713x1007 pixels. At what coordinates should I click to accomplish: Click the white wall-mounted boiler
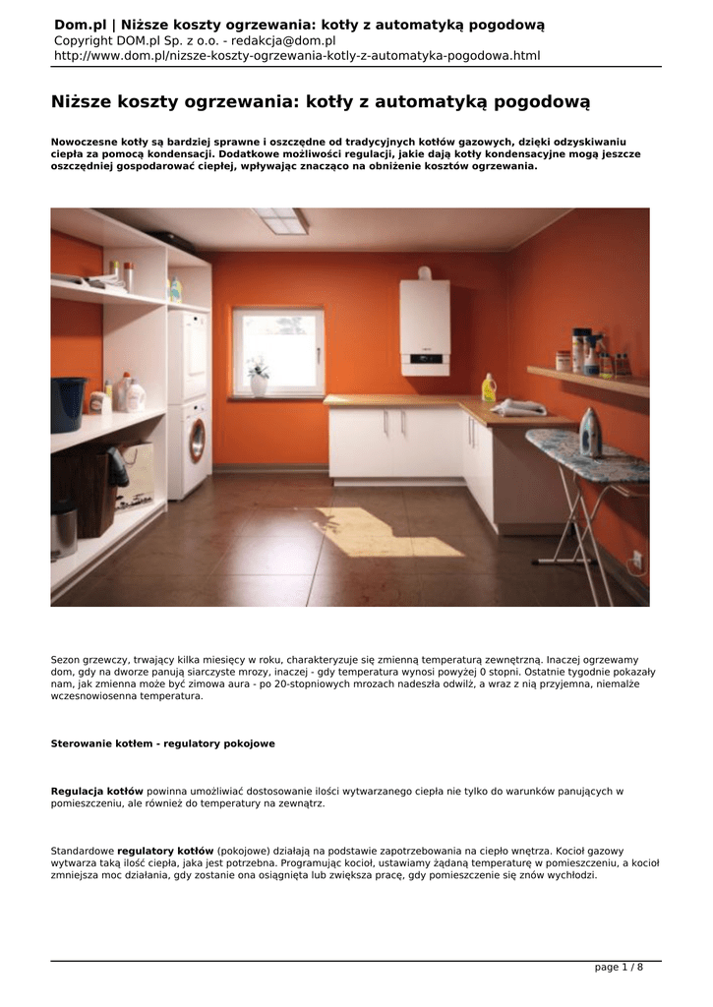click(x=425, y=326)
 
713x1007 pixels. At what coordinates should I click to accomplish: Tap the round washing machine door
click(x=198, y=441)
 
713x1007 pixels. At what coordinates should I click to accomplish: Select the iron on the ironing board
click(x=590, y=434)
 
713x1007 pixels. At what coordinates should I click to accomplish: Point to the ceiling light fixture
click(x=281, y=220)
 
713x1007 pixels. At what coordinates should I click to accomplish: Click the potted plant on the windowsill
click(x=259, y=376)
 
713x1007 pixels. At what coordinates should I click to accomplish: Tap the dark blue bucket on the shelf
click(x=68, y=404)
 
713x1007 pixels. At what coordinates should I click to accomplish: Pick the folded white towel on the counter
click(x=519, y=406)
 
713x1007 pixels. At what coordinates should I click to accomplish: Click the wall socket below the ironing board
click(x=636, y=562)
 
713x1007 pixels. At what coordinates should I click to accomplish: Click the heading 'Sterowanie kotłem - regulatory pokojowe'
click(x=162, y=743)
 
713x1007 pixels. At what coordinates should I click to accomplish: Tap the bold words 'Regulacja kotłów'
click(x=97, y=791)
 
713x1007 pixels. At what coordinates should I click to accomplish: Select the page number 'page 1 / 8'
click(x=619, y=967)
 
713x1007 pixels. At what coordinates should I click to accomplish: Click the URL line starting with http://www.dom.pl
click(x=296, y=56)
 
